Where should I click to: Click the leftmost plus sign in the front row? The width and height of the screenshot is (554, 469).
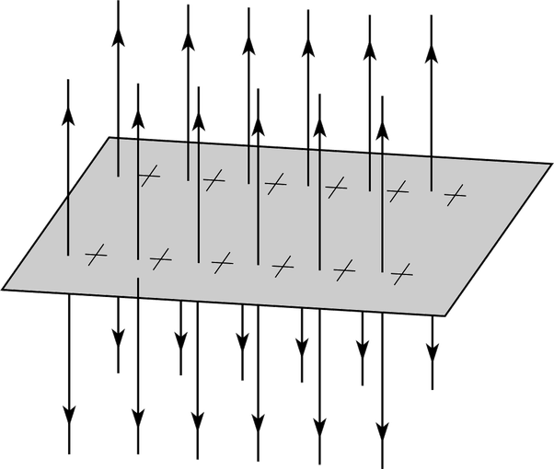point(95,253)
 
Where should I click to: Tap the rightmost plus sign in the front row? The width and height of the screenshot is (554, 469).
point(399,273)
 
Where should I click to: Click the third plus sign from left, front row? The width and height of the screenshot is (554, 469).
point(222,263)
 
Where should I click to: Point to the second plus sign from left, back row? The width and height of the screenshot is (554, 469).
point(214,180)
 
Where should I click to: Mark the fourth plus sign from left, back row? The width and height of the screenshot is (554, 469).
point(336,188)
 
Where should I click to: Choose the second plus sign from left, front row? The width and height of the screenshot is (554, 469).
point(160,258)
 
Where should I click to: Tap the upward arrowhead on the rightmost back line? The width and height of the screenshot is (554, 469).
point(431,55)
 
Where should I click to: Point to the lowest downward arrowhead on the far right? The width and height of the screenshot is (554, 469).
point(381,429)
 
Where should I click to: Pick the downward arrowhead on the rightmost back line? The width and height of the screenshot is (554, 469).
point(431,351)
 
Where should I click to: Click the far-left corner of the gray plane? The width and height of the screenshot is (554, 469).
point(3,289)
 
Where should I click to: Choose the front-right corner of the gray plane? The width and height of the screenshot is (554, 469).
point(444,315)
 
